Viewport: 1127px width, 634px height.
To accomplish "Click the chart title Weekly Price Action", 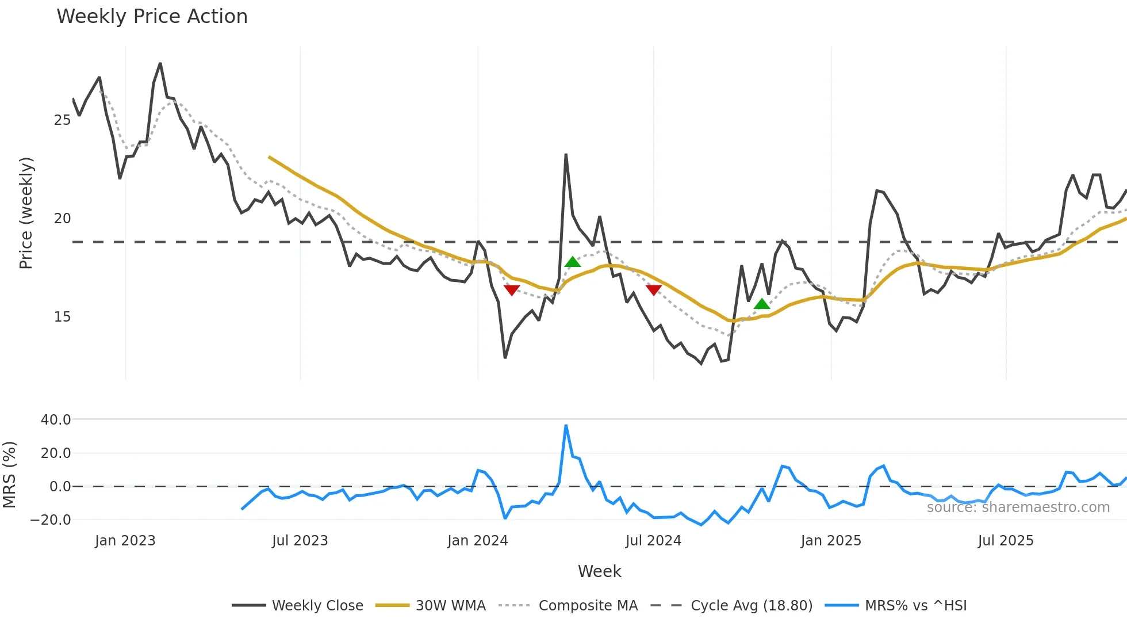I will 152,17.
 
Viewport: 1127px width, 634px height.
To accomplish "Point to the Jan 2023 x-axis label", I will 125,541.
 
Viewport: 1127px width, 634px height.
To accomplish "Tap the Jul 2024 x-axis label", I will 653,541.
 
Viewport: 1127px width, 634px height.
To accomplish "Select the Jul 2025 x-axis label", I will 1006,541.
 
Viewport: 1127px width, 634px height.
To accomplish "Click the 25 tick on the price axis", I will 62,120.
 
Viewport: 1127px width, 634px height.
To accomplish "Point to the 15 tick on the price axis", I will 62,317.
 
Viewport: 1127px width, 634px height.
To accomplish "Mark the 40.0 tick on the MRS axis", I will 56,420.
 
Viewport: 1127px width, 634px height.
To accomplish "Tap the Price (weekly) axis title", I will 26,213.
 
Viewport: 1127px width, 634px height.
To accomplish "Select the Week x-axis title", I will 599,571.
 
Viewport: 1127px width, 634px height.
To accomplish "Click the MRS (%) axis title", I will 10,475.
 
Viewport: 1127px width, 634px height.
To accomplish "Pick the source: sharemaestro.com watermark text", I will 1018,507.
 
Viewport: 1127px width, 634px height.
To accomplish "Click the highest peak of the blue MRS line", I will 566,426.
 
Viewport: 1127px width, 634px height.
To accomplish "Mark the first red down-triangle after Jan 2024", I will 512,289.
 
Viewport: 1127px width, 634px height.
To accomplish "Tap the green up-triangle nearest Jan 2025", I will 762,304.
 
